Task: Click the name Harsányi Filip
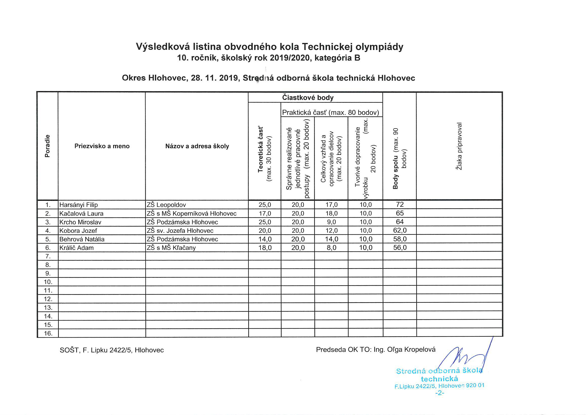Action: (79, 205)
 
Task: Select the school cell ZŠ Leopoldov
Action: (166, 205)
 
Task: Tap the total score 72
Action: (400, 205)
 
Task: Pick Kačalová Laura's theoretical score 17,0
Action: (265, 213)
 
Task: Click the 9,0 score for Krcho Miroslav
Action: (331, 222)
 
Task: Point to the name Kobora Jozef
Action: (78, 231)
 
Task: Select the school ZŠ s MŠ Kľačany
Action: (171, 248)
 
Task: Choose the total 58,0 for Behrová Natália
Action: (400, 239)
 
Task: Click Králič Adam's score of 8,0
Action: (331, 248)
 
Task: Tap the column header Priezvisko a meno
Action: (102, 146)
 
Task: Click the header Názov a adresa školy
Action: (197, 146)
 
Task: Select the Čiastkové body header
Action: (308, 97)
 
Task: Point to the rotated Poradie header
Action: (47, 146)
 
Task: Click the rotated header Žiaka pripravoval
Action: (459, 146)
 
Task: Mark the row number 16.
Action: (48, 333)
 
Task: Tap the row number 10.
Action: (48, 282)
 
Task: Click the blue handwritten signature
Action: (464, 357)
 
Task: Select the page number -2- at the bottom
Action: (439, 393)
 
